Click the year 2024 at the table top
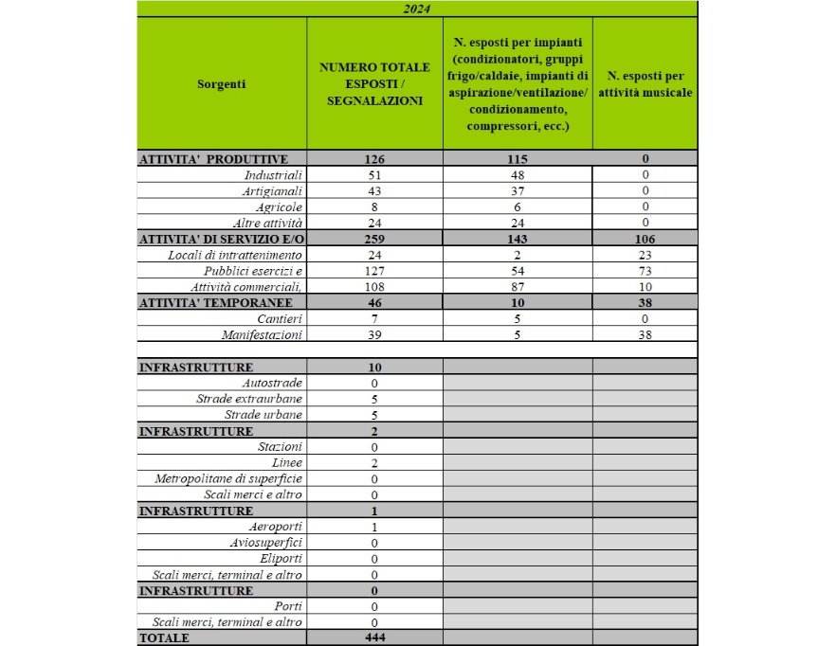coord(417,9)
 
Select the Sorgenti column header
coord(221,83)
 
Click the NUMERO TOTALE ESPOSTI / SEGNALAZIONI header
coord(374,83)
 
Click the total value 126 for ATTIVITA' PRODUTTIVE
coord(374,159)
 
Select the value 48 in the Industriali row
coord(518,175)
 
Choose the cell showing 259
coord(374,239)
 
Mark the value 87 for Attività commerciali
coord(518,287)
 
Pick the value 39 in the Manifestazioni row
coord(374,335)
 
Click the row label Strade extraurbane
coord(249,399)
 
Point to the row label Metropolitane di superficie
coord(228,478)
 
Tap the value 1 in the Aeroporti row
coord(374,527)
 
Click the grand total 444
coord(374,638)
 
